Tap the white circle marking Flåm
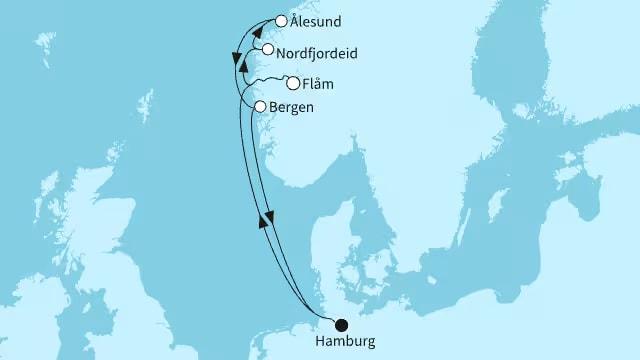pyautogui.click(x=293, y=83)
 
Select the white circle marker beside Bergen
pyautogui.click(x=259, y=106)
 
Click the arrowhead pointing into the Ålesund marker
pyautogui.click(x=257, y=31)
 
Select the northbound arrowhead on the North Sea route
pyautogui.click(x=263, y=223)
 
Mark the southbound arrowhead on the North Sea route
pyautogui.click(x=271, y=216)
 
